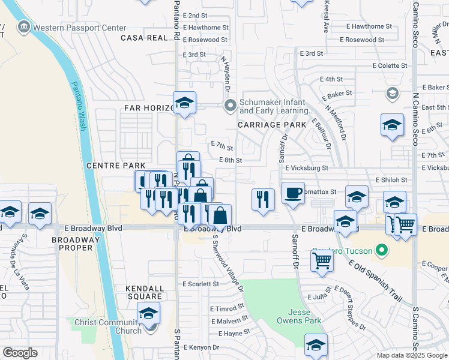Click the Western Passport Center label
[79, 28]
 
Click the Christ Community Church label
[108, 327]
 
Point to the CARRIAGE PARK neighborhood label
[272, 125]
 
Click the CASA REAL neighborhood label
[144, 38]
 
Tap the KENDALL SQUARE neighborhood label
[144, 292]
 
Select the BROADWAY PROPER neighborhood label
[74, 244]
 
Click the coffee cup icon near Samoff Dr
[293, 193]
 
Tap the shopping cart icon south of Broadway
[322, 261]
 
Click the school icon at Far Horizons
[184, 103]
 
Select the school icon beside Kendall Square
[149, 313]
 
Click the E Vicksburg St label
[306, 169]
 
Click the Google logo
[20, 353]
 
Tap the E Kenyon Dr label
[206, 347]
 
